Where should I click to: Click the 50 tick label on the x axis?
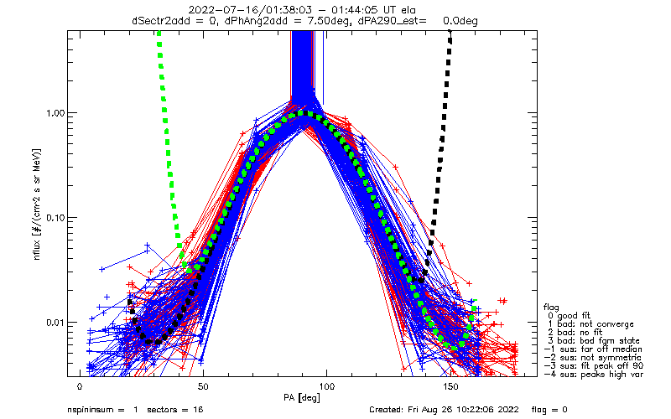tap(203, 387)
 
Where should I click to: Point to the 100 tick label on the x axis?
tap(327, 387)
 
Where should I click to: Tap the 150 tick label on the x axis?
tap(450, 387)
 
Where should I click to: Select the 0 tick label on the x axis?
tap(80, 387)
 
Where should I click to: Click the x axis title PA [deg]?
tap(302, 398)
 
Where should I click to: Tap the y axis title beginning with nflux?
tap(37, 204)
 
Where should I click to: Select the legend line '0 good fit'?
tap(569, 316)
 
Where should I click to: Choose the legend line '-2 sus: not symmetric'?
tap(593, 358)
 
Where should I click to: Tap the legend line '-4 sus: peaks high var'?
tap(594, 375)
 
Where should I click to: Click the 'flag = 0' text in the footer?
tap(549, 410)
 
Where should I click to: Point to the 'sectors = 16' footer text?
tap(175, 410)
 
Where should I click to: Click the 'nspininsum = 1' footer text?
tap(102, 410)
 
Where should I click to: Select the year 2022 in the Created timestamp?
tap(510, 410)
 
